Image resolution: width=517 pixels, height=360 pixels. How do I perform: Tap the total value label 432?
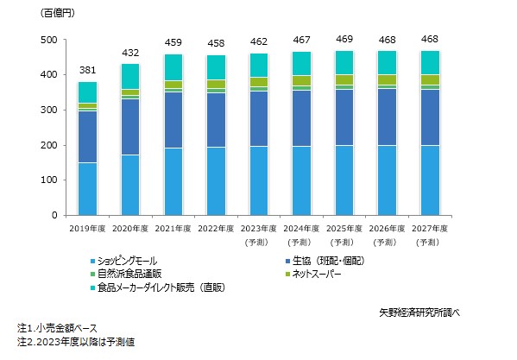129,54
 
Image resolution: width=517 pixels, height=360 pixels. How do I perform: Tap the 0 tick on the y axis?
55,215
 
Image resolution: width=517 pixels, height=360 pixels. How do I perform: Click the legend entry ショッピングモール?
129,260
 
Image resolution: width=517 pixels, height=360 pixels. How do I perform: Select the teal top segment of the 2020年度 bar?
129,76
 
